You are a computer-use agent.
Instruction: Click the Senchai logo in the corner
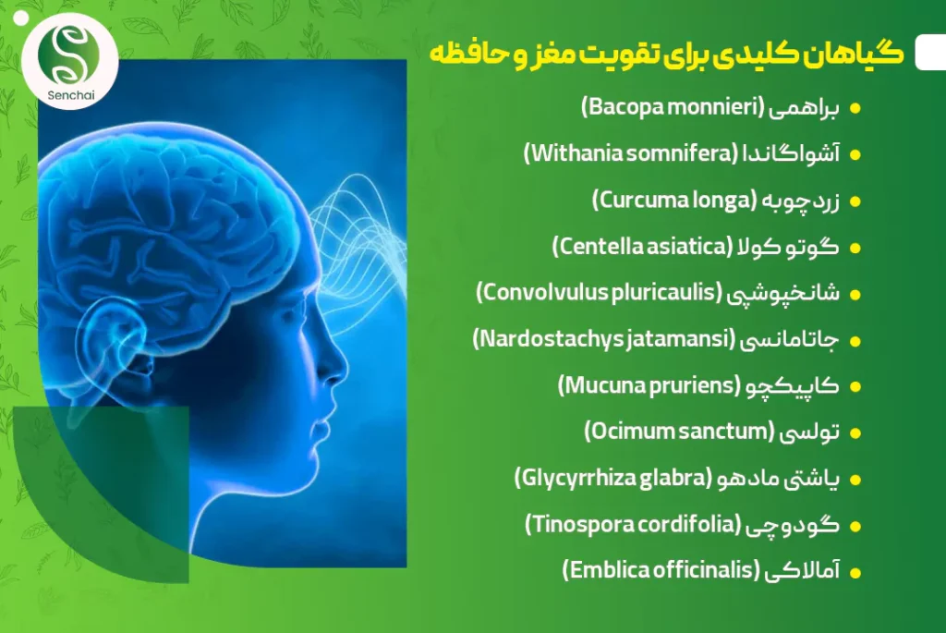[70, 61]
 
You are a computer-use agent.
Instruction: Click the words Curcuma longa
[673, 201]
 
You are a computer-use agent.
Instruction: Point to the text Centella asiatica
[642, 246]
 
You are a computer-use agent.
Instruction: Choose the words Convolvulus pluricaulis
[599, 293]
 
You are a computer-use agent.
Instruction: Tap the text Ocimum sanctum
[679, 432]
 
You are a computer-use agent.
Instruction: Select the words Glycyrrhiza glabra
[613, 479]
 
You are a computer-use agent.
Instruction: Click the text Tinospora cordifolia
[632, 524]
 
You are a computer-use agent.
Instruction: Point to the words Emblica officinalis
[661, 570]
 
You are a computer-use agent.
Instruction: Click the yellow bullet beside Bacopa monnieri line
[855, 109]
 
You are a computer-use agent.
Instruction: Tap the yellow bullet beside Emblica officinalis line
[855, 573]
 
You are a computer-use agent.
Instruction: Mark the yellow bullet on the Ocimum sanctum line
[855, 433]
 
